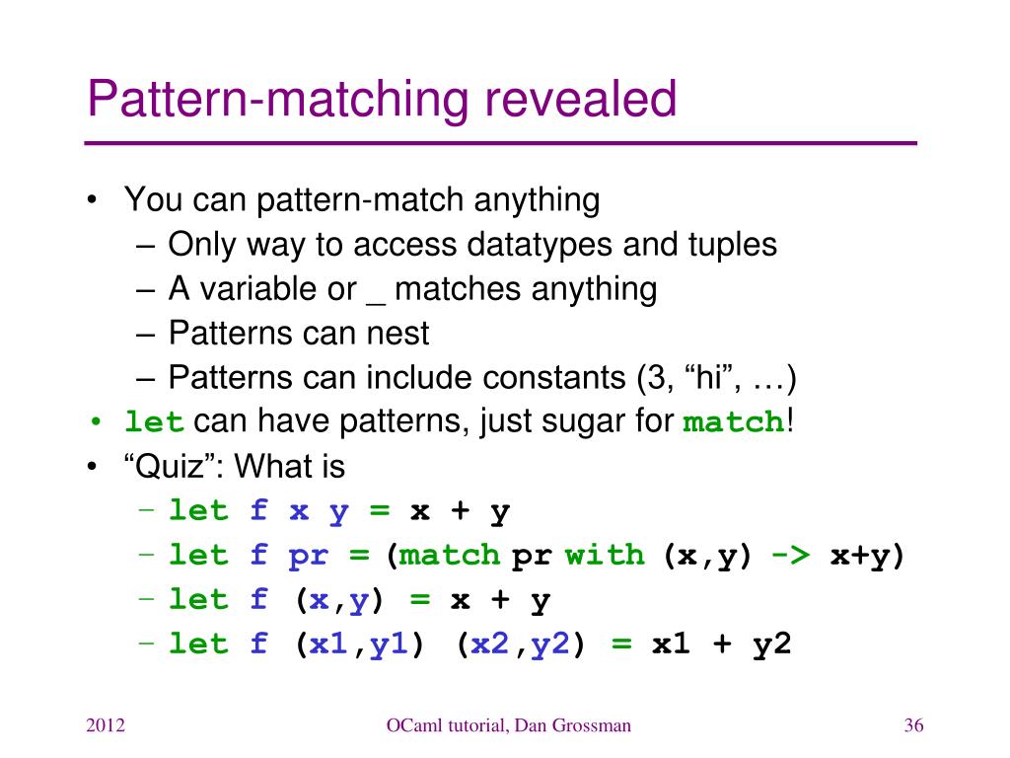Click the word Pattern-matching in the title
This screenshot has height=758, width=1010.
(x=268, y=102)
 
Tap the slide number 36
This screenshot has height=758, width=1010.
(x=912, y=726)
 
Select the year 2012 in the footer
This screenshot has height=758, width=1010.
(x=106, y=726)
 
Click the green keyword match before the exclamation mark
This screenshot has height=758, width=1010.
(x=734, y=423)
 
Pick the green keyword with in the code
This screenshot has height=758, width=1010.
(x=604, y=556)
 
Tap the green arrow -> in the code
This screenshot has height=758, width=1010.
(x=790, y=556)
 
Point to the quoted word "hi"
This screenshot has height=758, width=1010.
(x=705, y=378)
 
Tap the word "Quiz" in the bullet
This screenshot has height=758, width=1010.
(x=175, y=466)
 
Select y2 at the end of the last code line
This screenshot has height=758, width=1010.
(x=772, y=644)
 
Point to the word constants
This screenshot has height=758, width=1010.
(x=552, y=378)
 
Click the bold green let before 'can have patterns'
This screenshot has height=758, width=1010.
(x=155, y=423)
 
